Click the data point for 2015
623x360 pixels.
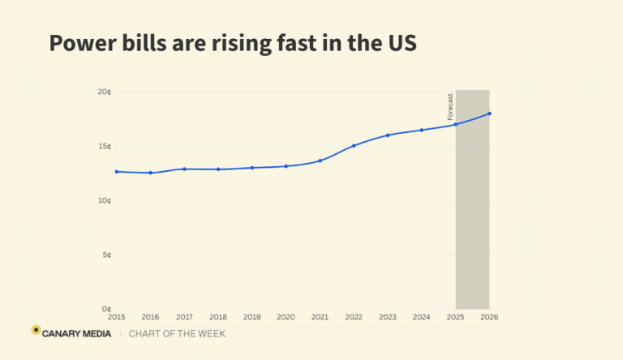[117, 172]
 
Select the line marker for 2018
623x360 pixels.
[218, 169]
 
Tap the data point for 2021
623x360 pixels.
[320, 161]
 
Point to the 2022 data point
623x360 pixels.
[354, 146]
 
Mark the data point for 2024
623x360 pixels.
[422, 130]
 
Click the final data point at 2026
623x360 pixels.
[490, 114]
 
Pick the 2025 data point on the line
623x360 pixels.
[456, 124]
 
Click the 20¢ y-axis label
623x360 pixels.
[104, 92]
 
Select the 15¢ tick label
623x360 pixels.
[104, 147]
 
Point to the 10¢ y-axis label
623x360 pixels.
[104, 200]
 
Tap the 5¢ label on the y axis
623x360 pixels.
[105, 255]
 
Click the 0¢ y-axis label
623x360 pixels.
[106, 309]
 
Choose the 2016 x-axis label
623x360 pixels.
[150, 316]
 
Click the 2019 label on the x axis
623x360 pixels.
[252, 316]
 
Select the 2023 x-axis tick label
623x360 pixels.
[388, 316]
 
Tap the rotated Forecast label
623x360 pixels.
[451, 107]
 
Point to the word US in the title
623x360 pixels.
[401, 43]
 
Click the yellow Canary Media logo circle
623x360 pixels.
[36, 330]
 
